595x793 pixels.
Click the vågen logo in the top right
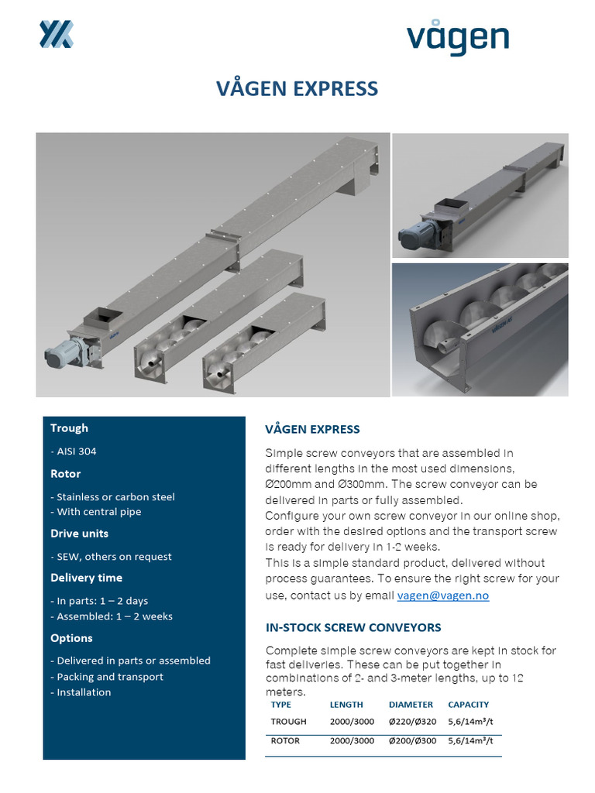click(457, 38)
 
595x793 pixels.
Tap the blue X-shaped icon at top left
click(56, 34)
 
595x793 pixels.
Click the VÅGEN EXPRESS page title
click(297, 88)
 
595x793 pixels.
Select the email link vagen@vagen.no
click(442, 596)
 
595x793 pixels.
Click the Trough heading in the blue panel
click(69, 428)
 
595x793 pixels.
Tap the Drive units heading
click(79, 534)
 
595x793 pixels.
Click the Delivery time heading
click(86, 578)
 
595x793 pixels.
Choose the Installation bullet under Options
click(84, 692)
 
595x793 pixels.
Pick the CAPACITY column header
click(468, 705)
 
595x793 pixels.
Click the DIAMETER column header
click(411, 705)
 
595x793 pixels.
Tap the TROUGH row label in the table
click(288, 722)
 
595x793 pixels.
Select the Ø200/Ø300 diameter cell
click(412, 741)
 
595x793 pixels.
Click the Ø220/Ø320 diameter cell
click(412, 722)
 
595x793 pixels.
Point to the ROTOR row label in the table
click(284, 741)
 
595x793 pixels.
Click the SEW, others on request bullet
click(111, 557)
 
